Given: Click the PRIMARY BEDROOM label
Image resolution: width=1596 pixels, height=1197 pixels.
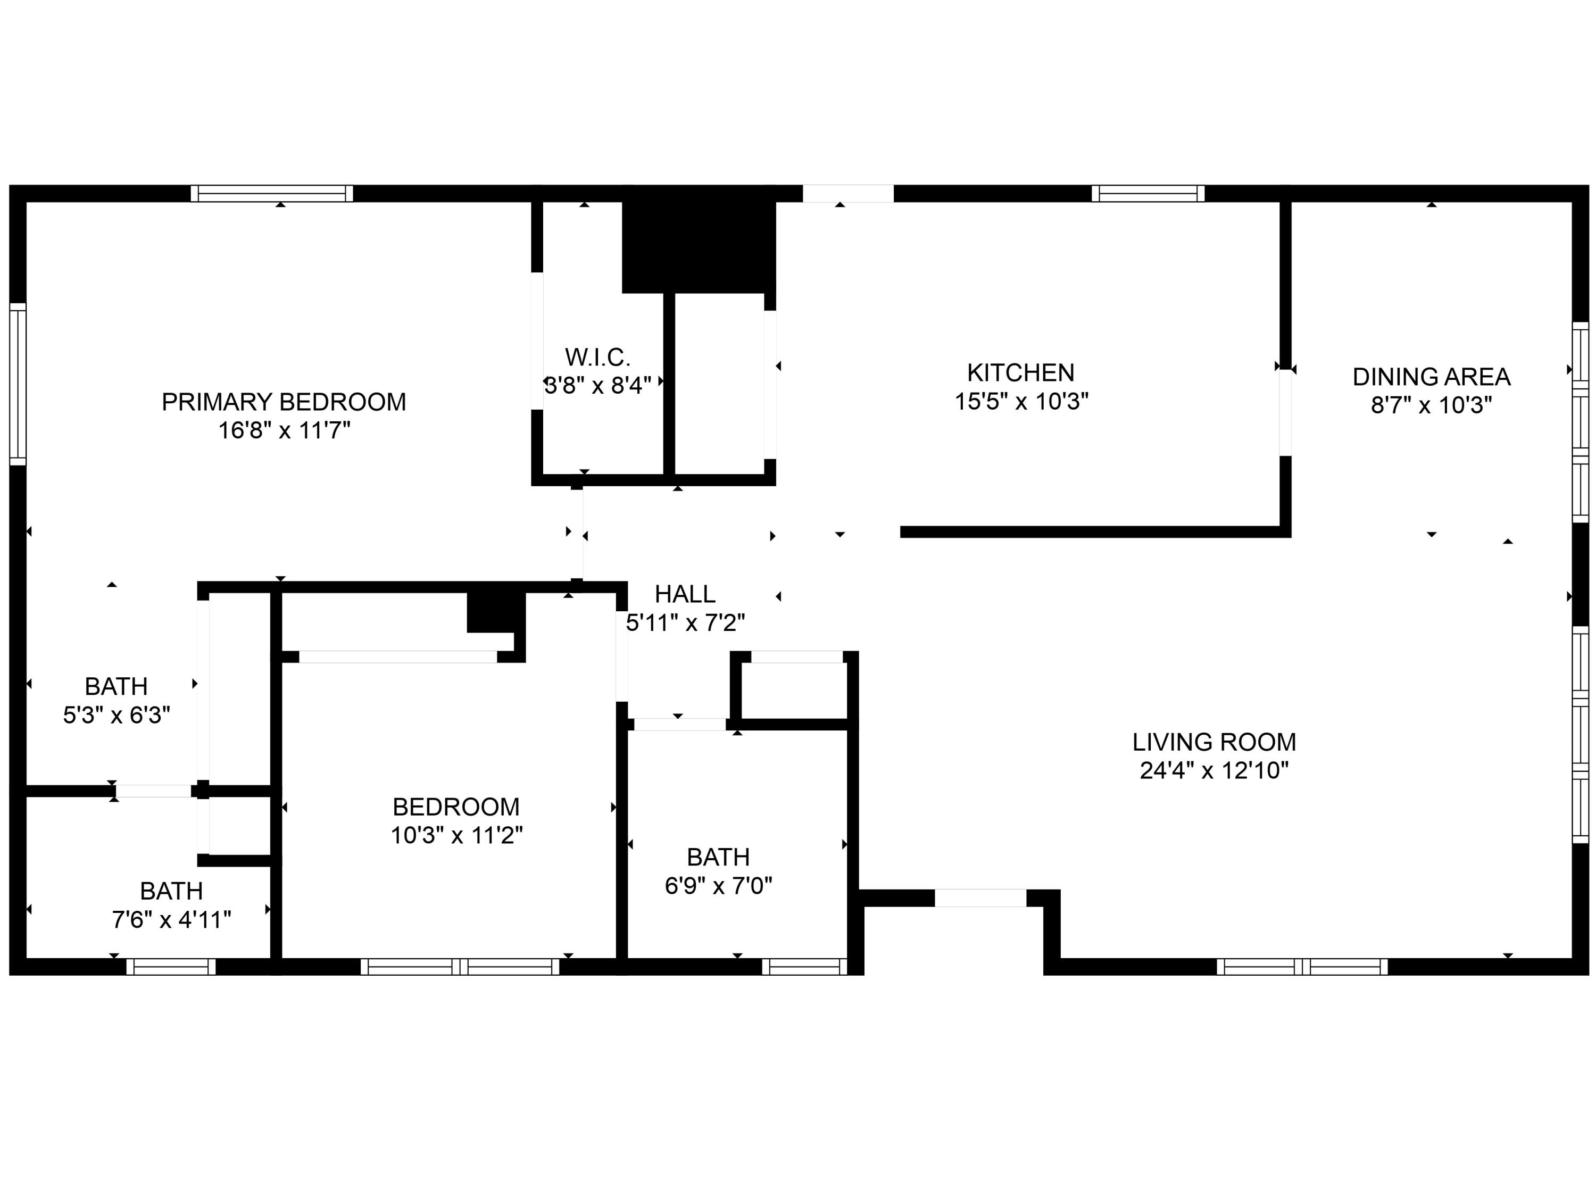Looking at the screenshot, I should click(284, 402).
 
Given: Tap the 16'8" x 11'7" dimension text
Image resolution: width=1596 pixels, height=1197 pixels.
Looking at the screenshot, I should click(284, 431).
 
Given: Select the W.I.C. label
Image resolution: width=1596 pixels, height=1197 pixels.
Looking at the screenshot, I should click(597, 357).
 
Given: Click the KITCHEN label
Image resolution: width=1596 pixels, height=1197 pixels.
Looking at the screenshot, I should click(1020, 373).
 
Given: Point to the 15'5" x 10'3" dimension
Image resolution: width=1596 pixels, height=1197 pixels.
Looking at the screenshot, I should click(1021, 401).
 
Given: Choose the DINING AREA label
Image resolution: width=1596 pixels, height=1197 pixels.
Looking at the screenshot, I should click(1431, 377).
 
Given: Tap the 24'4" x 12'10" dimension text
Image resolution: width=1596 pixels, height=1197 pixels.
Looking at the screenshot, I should click(1213, 770).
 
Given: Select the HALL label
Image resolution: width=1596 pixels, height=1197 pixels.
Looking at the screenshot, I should click(685, 594).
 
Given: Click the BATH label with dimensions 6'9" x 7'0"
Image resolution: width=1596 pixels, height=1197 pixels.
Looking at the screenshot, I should click(718, 857).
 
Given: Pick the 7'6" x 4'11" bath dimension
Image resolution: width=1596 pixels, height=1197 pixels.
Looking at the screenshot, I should click(171, 920).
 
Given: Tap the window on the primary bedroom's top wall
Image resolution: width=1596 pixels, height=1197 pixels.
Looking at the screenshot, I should click(272, 193).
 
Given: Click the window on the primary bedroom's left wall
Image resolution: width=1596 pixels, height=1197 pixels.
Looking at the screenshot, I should click(18, 384).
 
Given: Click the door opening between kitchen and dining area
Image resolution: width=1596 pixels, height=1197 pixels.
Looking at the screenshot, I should click(1285, 413).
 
